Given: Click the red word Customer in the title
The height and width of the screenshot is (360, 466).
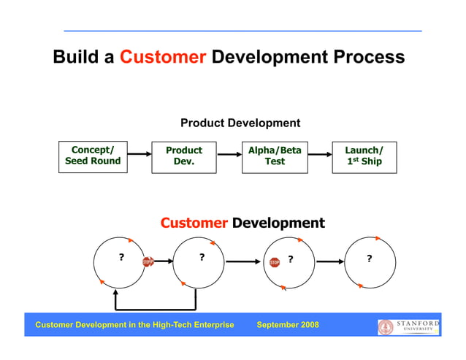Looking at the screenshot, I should [163, 57].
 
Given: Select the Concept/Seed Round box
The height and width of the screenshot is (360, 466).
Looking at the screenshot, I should [93, 156].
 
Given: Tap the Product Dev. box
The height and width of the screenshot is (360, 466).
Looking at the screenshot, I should [184, 156].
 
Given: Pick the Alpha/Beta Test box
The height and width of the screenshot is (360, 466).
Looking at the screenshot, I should [275, 156].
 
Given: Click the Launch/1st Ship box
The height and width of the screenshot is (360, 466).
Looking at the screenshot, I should [364, 156].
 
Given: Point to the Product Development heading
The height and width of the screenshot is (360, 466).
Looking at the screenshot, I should [240, 123].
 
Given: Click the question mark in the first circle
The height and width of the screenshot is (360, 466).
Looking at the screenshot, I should [121, 257].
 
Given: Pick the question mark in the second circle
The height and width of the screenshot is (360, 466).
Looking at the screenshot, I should [202, 257].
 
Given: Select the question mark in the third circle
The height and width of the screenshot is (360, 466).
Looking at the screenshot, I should [290, 258].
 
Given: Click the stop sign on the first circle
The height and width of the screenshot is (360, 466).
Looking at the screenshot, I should [147, 261].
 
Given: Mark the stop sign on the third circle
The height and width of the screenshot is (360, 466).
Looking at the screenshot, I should [275, 262].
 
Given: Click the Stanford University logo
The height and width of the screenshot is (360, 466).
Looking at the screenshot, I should [409, 326].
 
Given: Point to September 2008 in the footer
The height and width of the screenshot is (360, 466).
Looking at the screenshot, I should [288, 325].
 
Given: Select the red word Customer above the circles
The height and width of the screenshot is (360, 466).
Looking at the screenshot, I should [194, 223].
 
